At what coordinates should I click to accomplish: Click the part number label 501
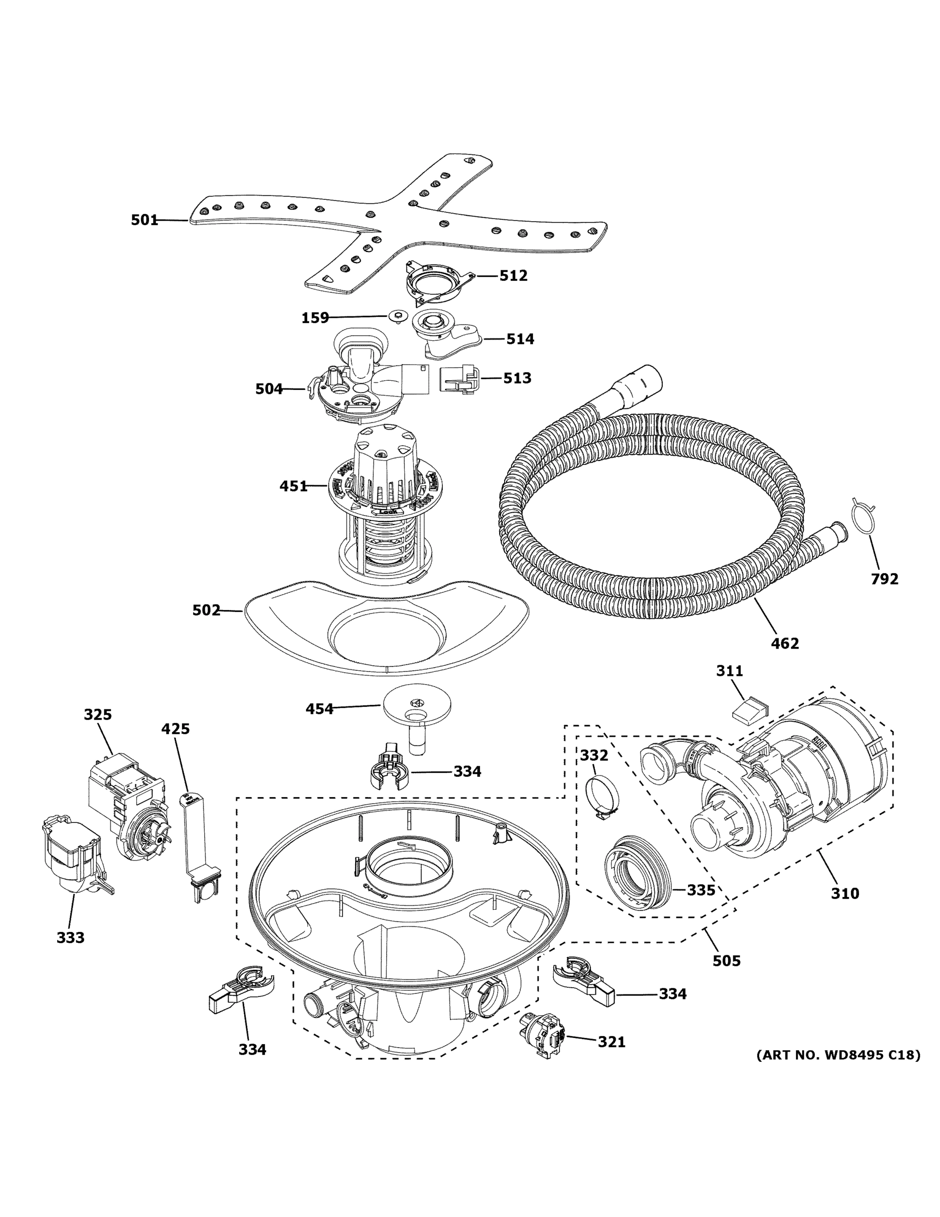pyautogui.click(x=144, y=220)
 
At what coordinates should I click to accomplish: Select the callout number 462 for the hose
pyautogui.click(x=784, y=643)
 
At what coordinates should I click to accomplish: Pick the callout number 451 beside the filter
pyautogui.click(x=293, y=486)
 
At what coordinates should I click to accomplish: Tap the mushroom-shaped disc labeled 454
pyautogui.click(x=417, y=704)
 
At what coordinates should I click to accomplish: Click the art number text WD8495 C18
pyautogui.click(x=838, y=1055)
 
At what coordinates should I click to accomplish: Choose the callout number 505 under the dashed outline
pyautogui.click(x=727, y=961)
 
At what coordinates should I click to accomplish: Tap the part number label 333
pyautogui.click(x=71, y=938)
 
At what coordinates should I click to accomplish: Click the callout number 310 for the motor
pyautogui.click(x=845, y=893)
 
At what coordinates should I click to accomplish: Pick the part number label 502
pyautogui.click(x=206, y=611)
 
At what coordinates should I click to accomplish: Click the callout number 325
pyautogui.click(x=98, y=714)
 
